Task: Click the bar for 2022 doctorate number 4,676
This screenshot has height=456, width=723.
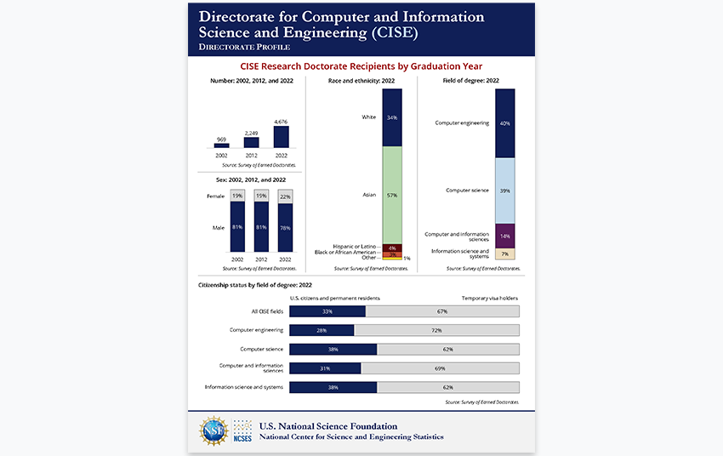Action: (x=281, y=137)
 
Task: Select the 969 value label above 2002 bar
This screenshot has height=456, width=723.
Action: (x=221, y=139)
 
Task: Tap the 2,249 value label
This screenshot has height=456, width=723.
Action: (x=251, y=133)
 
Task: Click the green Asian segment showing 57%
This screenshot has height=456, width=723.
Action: (x=392, y=195)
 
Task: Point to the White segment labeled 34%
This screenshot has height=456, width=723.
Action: (x=392, y=117)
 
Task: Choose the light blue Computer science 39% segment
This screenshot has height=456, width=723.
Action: (x=504, y=191)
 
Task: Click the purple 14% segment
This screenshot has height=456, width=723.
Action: (x=504, y=235)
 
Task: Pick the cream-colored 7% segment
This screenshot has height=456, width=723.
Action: (x=504, y=254)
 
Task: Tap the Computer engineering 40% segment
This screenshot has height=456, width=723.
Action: (x=504, y=123)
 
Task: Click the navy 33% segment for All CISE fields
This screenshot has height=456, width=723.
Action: (x=327, y=311)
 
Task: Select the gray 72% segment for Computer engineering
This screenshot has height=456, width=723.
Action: (x=436, y=329)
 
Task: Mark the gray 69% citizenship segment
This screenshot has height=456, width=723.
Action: (x=440, y=368)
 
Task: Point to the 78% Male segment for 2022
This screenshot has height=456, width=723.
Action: (x=284, y=228)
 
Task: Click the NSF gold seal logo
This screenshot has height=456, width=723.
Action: (x=213, y=431)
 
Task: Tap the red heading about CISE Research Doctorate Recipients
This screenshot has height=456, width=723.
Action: (x=361, y=66)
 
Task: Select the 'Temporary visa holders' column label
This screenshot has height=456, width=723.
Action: (x=490, y=299)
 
